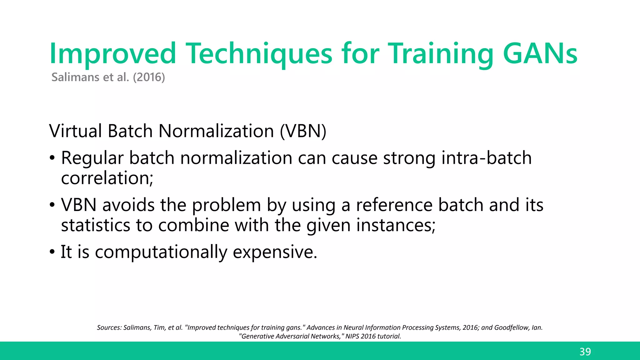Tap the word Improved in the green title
tap(112, 54)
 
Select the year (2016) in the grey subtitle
tap(149, 77)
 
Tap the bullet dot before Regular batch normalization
tap(52, 158)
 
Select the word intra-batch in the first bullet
tap(486, 158)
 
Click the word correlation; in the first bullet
tap(107, 178)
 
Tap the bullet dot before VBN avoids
tap(52, 205)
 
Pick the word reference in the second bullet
tap(394, 205)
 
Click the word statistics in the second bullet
tap(96, 225)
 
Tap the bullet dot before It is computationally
tap(52, 252)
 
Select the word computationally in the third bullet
tap(161, 252)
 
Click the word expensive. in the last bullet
tap(275, 252)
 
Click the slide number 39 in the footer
tap(585, 352)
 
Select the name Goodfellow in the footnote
tap(512, 327)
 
